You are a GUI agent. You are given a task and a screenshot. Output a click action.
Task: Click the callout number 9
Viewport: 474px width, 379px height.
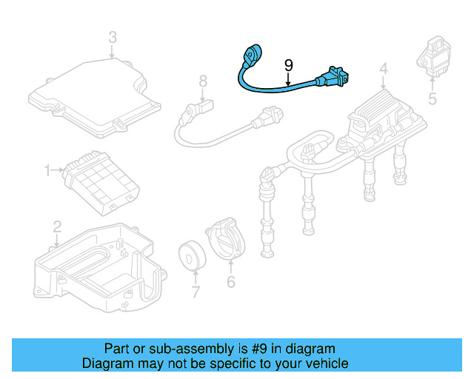pyautogui.click(x=290, y=65)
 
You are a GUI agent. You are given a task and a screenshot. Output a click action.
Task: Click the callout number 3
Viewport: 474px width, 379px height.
pyautogui.click(x=112, y=36)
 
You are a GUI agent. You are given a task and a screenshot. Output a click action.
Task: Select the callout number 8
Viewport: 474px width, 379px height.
pyautogui.click(x=201, y=80)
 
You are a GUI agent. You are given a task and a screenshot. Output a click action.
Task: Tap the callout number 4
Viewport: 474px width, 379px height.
pyautogui.click(x=383, y=70)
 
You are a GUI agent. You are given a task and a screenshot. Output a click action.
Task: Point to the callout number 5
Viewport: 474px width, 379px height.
pyautogui.click(x=433, y=98)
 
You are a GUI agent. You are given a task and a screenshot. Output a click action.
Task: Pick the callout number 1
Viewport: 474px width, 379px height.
pyautogui.click(x=48, y=171)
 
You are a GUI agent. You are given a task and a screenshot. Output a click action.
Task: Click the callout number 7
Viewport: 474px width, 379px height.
pyautogui.click(x=196, y=292)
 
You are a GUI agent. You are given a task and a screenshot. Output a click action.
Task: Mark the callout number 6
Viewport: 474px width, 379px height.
pyautogui.click(x=230, y=282)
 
